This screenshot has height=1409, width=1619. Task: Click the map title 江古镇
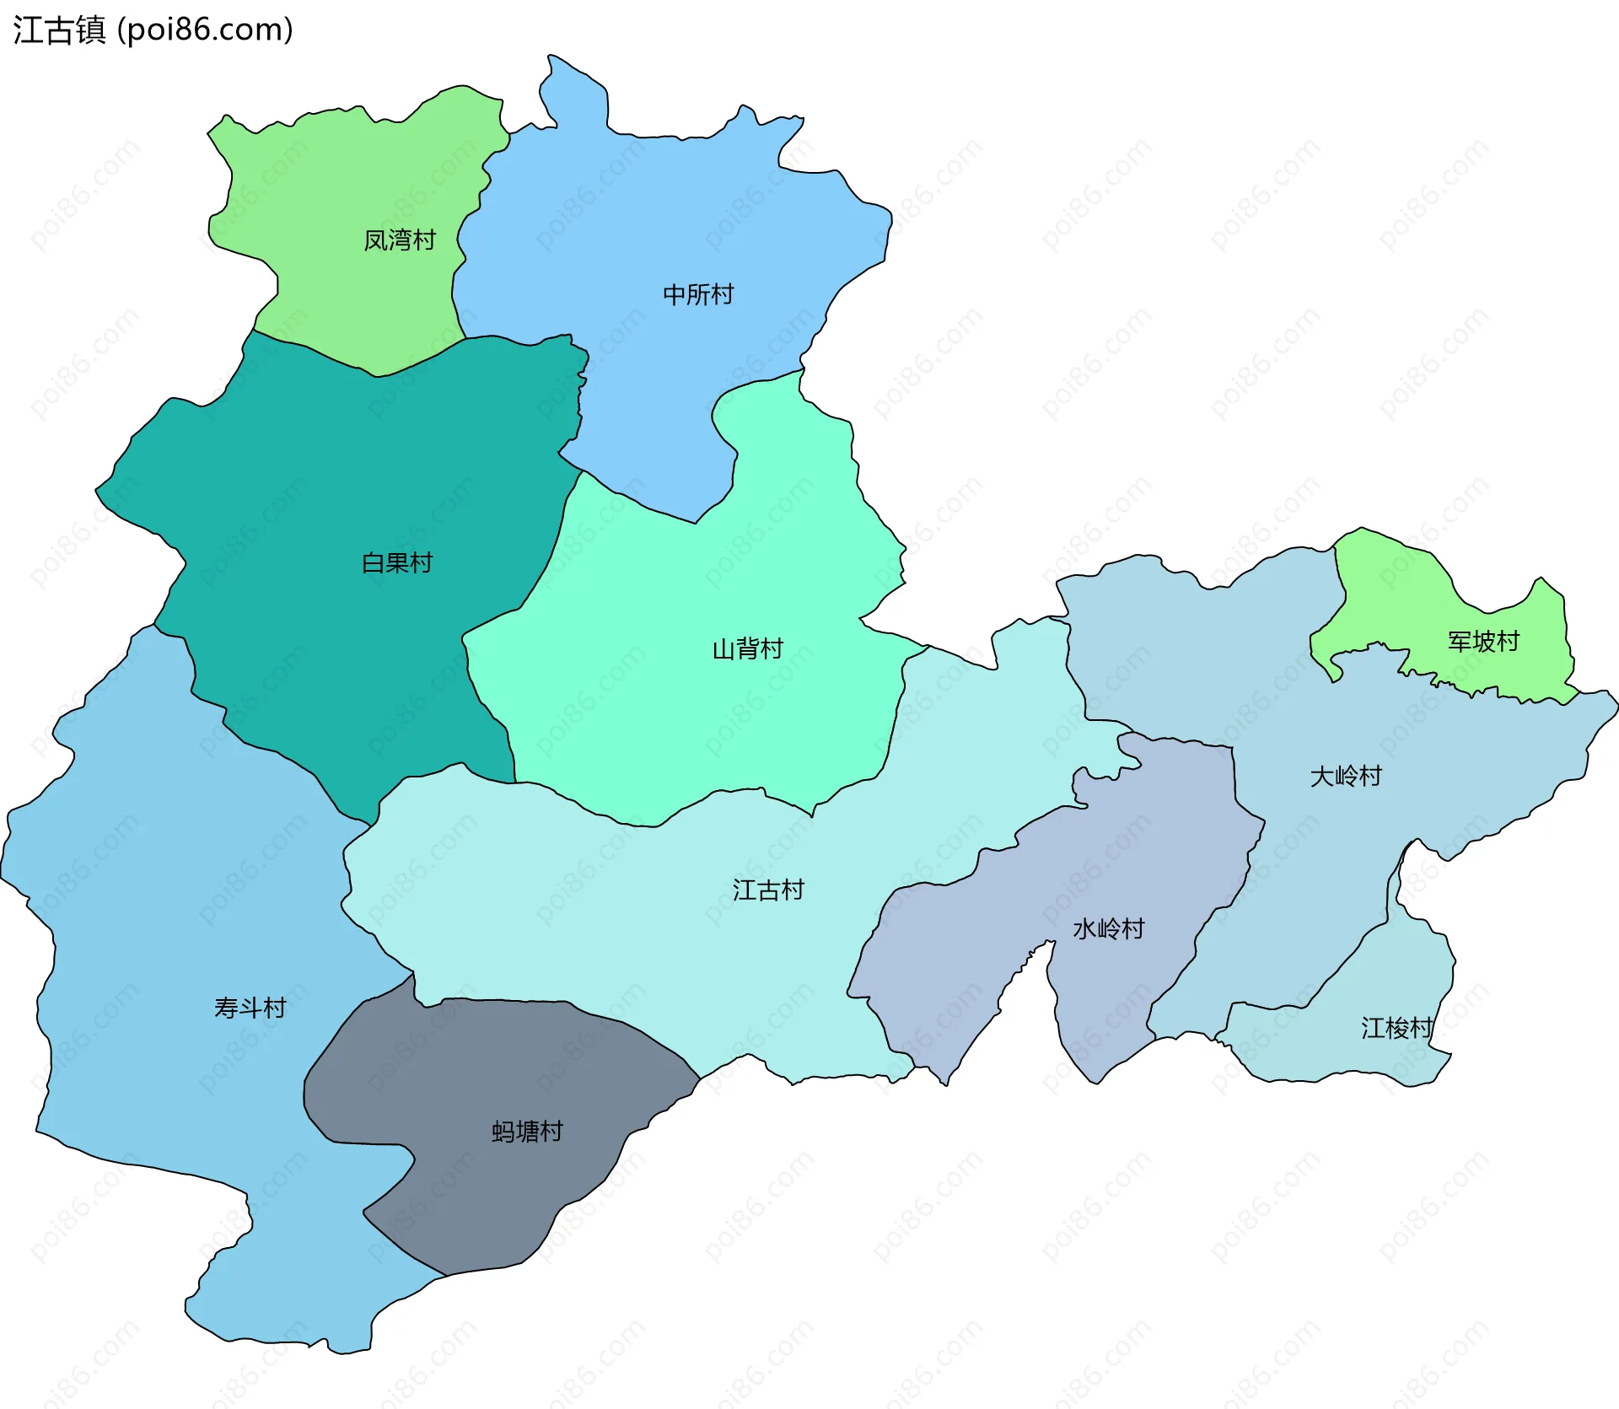click(x=59, y=30)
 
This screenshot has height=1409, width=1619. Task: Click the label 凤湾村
click(x=399, y=240)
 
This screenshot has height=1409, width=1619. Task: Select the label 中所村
click(x=698, y=294)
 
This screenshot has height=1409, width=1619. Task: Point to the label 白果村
click(x=396, y=562)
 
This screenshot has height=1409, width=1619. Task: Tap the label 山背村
click(x=747, y=648)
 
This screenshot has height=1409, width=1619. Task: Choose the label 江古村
click(x=767, y=890)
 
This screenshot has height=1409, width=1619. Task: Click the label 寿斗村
click(x=250, y=1008)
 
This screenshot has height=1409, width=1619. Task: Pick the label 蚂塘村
click(x=527, y=1132)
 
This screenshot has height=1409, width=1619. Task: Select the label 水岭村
click(x=1108, y=928)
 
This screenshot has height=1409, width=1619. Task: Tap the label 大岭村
click(x=1346, y=776)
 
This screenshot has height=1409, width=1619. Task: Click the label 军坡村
click(x=1483, y=642)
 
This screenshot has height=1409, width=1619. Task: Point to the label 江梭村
click(x=1396, y=1028)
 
